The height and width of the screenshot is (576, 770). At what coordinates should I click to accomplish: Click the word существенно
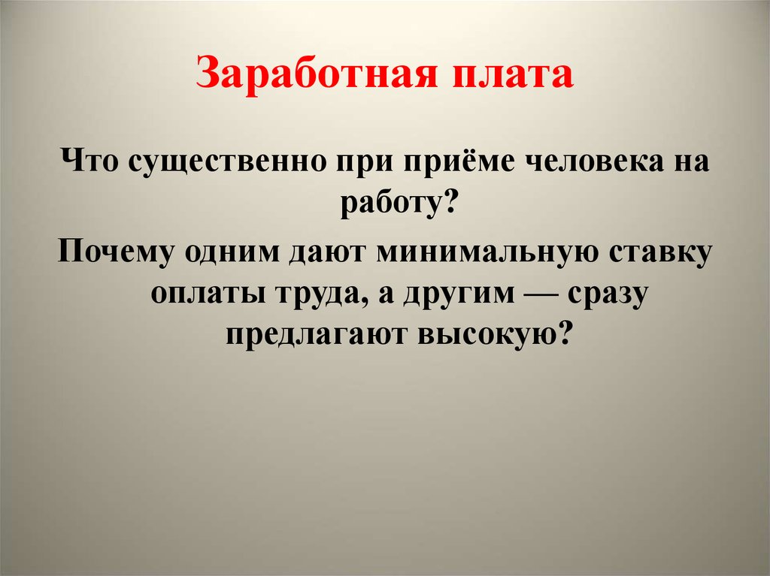click(228, 162)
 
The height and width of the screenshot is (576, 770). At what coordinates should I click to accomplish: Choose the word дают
click(328, 253)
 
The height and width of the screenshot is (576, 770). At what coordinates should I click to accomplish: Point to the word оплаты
click(208, 295)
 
